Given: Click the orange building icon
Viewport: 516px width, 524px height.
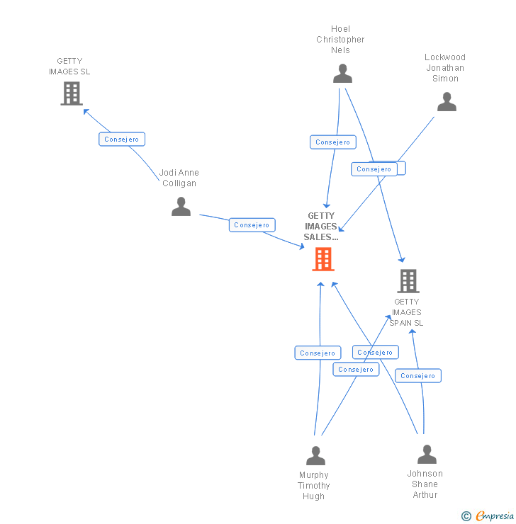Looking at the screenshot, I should pyautogui.click(x=323, y=260).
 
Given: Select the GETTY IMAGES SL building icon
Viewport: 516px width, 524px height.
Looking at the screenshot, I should pyautogui.click(x=72, y=93).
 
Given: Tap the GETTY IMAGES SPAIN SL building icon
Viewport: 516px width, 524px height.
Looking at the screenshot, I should pyautogui.click(x=408, y=281).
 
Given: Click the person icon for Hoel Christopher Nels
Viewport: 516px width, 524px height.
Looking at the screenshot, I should pyautogui.click(x=342, y=74).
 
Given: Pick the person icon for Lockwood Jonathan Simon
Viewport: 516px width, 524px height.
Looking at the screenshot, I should pyautogui.click(x=447, y=102).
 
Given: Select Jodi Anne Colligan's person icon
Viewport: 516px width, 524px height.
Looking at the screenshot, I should pyautogui.click(x=181, y=206).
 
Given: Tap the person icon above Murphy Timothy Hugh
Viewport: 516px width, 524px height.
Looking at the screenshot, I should pyautogui.click(x=315, y=455).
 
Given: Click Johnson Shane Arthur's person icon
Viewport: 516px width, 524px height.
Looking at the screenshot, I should pyautogui.click(x=427, y=454).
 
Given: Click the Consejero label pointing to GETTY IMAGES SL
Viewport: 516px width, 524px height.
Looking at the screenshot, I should pyautogui.click(x=122, y=139).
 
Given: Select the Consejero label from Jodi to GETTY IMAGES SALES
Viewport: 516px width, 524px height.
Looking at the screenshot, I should pyautogui.click(x=252, y=225).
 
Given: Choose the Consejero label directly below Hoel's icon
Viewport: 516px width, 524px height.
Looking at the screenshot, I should pyautogui.click(x=333, y=142).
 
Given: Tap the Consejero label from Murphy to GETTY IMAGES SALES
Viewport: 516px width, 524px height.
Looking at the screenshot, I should pyautogui.click(x=318, y=353).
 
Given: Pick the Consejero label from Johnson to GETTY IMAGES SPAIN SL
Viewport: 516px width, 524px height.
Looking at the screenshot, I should pyautogui.click(x=418, y=376).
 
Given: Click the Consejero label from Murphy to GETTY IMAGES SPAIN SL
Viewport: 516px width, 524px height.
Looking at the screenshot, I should pyautogui.click(x=356, y=369).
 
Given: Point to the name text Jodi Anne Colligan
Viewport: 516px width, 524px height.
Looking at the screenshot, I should pyautogui.click(x=179, y=178).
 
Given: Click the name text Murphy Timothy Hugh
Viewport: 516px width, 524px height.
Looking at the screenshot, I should pyautogui.click(x=314, y=486).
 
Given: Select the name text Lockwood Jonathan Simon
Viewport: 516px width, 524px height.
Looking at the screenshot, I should pyautogui.click(x=445, y=68).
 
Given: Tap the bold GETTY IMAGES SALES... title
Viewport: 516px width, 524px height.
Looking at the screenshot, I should pyautogui.click(x=321, y=227).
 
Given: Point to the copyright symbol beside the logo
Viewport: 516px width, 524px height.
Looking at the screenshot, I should pyautogui.click(x=466, y=516).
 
